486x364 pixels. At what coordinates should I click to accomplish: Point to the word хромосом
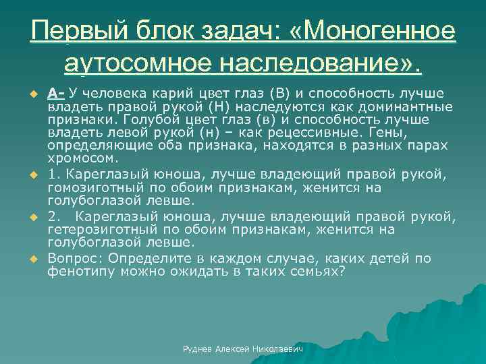(x=83, y=159)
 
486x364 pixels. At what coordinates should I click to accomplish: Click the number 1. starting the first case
(x=53, y=175)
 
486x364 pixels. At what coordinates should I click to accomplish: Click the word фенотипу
(x=76, y=272)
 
